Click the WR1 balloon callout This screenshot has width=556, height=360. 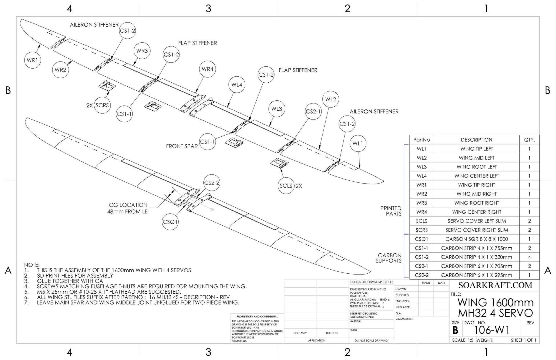click(x=32, y=60)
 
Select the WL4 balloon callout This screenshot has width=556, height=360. click(x=237, y=85)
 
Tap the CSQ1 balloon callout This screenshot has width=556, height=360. click(x=170, y=222)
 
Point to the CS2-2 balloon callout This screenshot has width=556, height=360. click(x=212, y=183)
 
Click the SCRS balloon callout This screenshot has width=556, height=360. click(x=102, y=105)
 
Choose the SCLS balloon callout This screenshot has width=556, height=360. click(x=286, y=186)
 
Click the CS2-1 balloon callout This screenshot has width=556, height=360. click(x=313, y=112)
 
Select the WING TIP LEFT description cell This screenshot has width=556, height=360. click(x=476, y=149)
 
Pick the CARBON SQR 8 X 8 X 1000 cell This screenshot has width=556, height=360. click(x=476, y=239)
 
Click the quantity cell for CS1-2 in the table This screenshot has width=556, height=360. click(x=529, y=257)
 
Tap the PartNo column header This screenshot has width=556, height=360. click(x=421, y=140)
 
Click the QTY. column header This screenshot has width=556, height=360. click(x=529, y=140)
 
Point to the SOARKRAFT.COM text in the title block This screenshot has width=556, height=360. click(x=495, y=285)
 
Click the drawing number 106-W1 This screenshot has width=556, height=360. click(x=492, y=330)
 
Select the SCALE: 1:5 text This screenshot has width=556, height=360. click(x=463, y=340)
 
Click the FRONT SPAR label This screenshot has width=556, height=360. click(x=182, y=146)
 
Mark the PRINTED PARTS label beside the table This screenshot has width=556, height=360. click(x=391, y=211)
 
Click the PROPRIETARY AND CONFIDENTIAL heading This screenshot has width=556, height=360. click(x=257, y=317)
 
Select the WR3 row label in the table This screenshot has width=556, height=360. click(x=421, y=203)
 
